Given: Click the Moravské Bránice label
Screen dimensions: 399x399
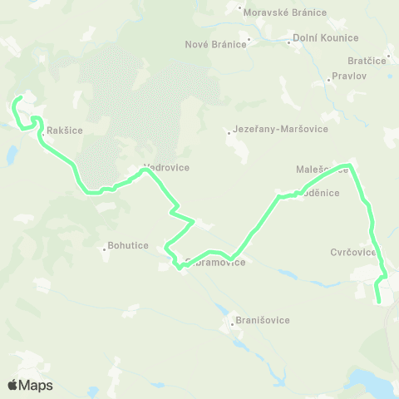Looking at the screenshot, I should [x=284, y=12].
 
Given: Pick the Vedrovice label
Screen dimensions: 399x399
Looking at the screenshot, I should [x=166, y=167].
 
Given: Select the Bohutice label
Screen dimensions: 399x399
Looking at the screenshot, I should [x=127, y=246].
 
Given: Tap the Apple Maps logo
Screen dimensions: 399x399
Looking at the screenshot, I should [x=30, y=385].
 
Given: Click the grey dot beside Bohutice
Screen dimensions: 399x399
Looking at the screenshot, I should [x=104, y=246].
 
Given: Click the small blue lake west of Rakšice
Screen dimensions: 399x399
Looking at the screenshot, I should [x=12, y=155].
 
